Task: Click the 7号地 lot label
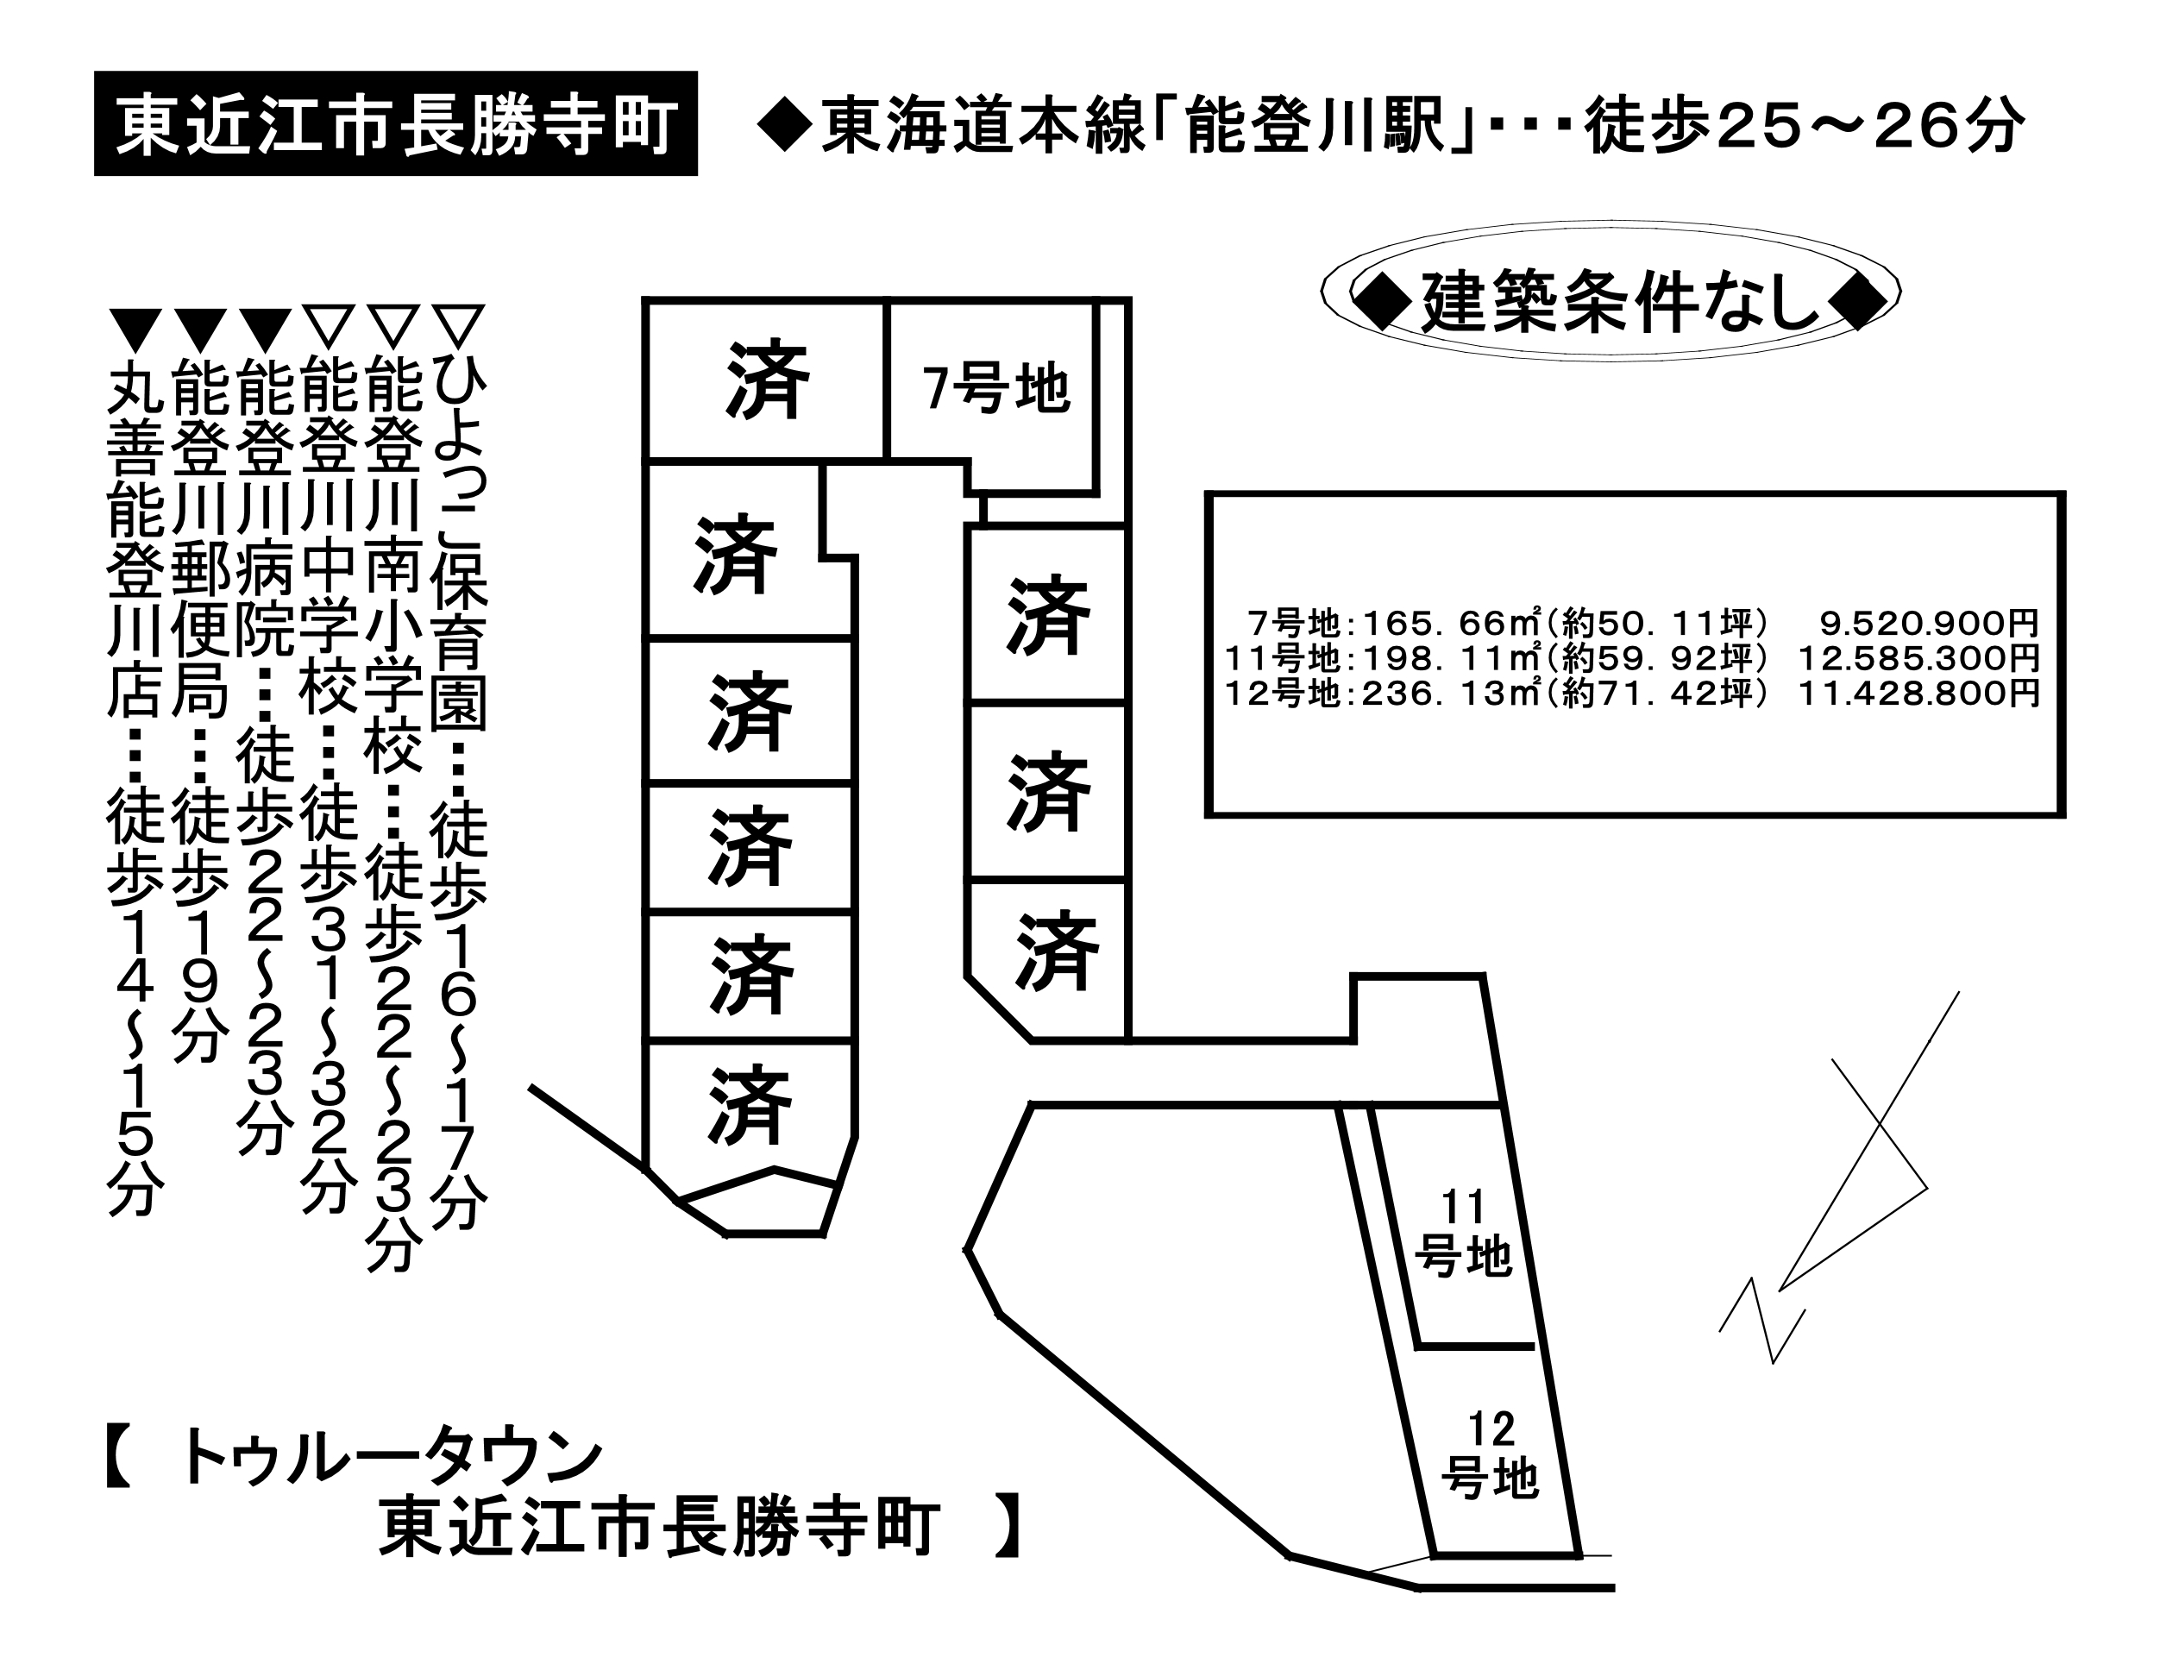click(996, 388)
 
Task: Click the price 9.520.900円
click(1930, 624)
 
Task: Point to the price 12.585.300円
click(1918, 658)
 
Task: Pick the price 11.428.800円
click(1918, 693)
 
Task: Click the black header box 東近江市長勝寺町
click(396, 123)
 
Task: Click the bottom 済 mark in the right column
click(1056, 951)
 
